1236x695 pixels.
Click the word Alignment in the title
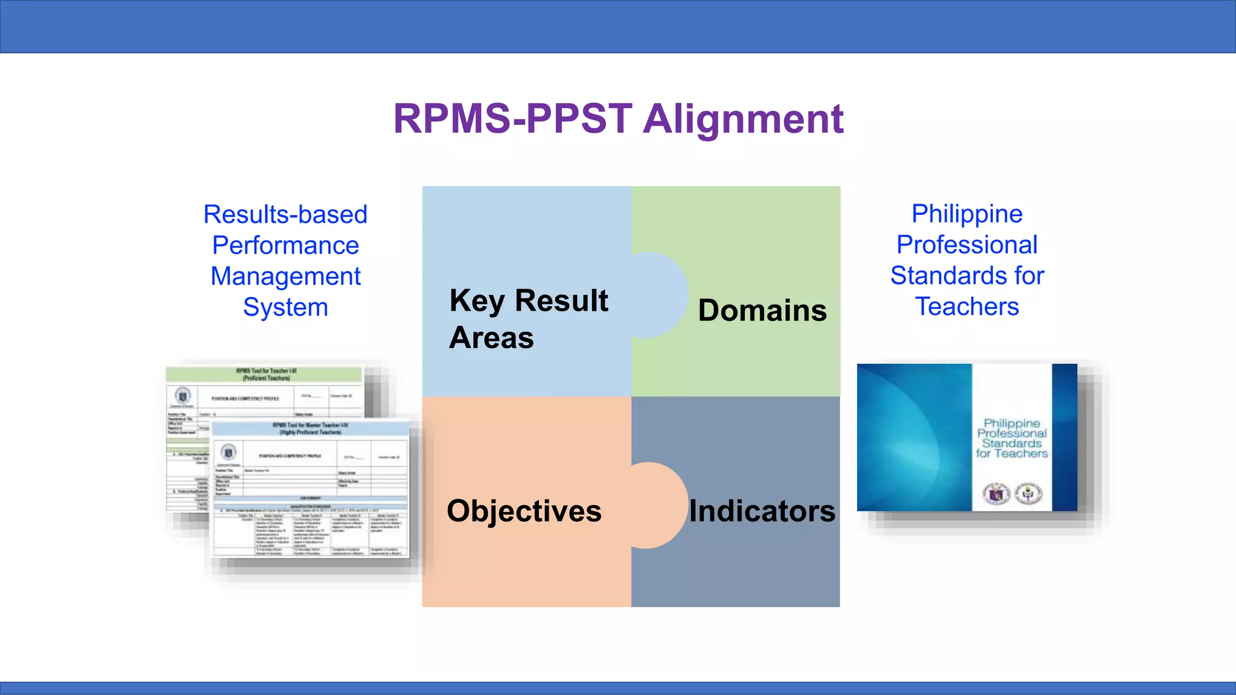coord(743,119)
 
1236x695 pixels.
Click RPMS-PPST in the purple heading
coord(512,119)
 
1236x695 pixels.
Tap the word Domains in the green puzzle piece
coord(762,311)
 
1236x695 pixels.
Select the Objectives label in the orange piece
coord(524,511)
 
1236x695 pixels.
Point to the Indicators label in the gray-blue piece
coord(762,511)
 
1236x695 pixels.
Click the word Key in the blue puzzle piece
coord(477,301)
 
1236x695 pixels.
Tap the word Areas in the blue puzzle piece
coord(491,338)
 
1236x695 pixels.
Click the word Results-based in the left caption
coord(285,215)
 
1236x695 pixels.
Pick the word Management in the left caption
coord(285,276)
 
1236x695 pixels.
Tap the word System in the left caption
coord(285,307)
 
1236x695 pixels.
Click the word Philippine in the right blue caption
coord(967,214)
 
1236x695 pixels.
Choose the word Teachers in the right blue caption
coord(967,306)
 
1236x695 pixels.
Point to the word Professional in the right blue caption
coord(967,245)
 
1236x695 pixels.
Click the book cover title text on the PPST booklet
coord(1011,439)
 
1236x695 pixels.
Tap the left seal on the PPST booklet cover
coord(996,494)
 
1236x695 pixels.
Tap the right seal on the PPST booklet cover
coord(1028,494)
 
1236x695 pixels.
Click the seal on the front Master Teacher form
coord(228,452)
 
